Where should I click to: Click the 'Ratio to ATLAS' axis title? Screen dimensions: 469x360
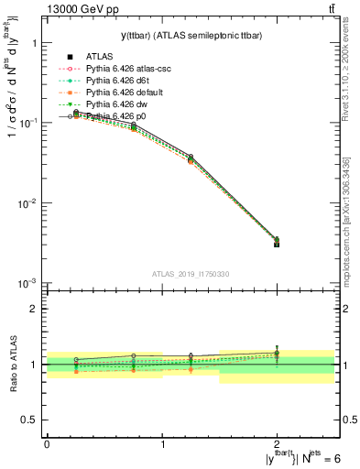coord(13,364)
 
